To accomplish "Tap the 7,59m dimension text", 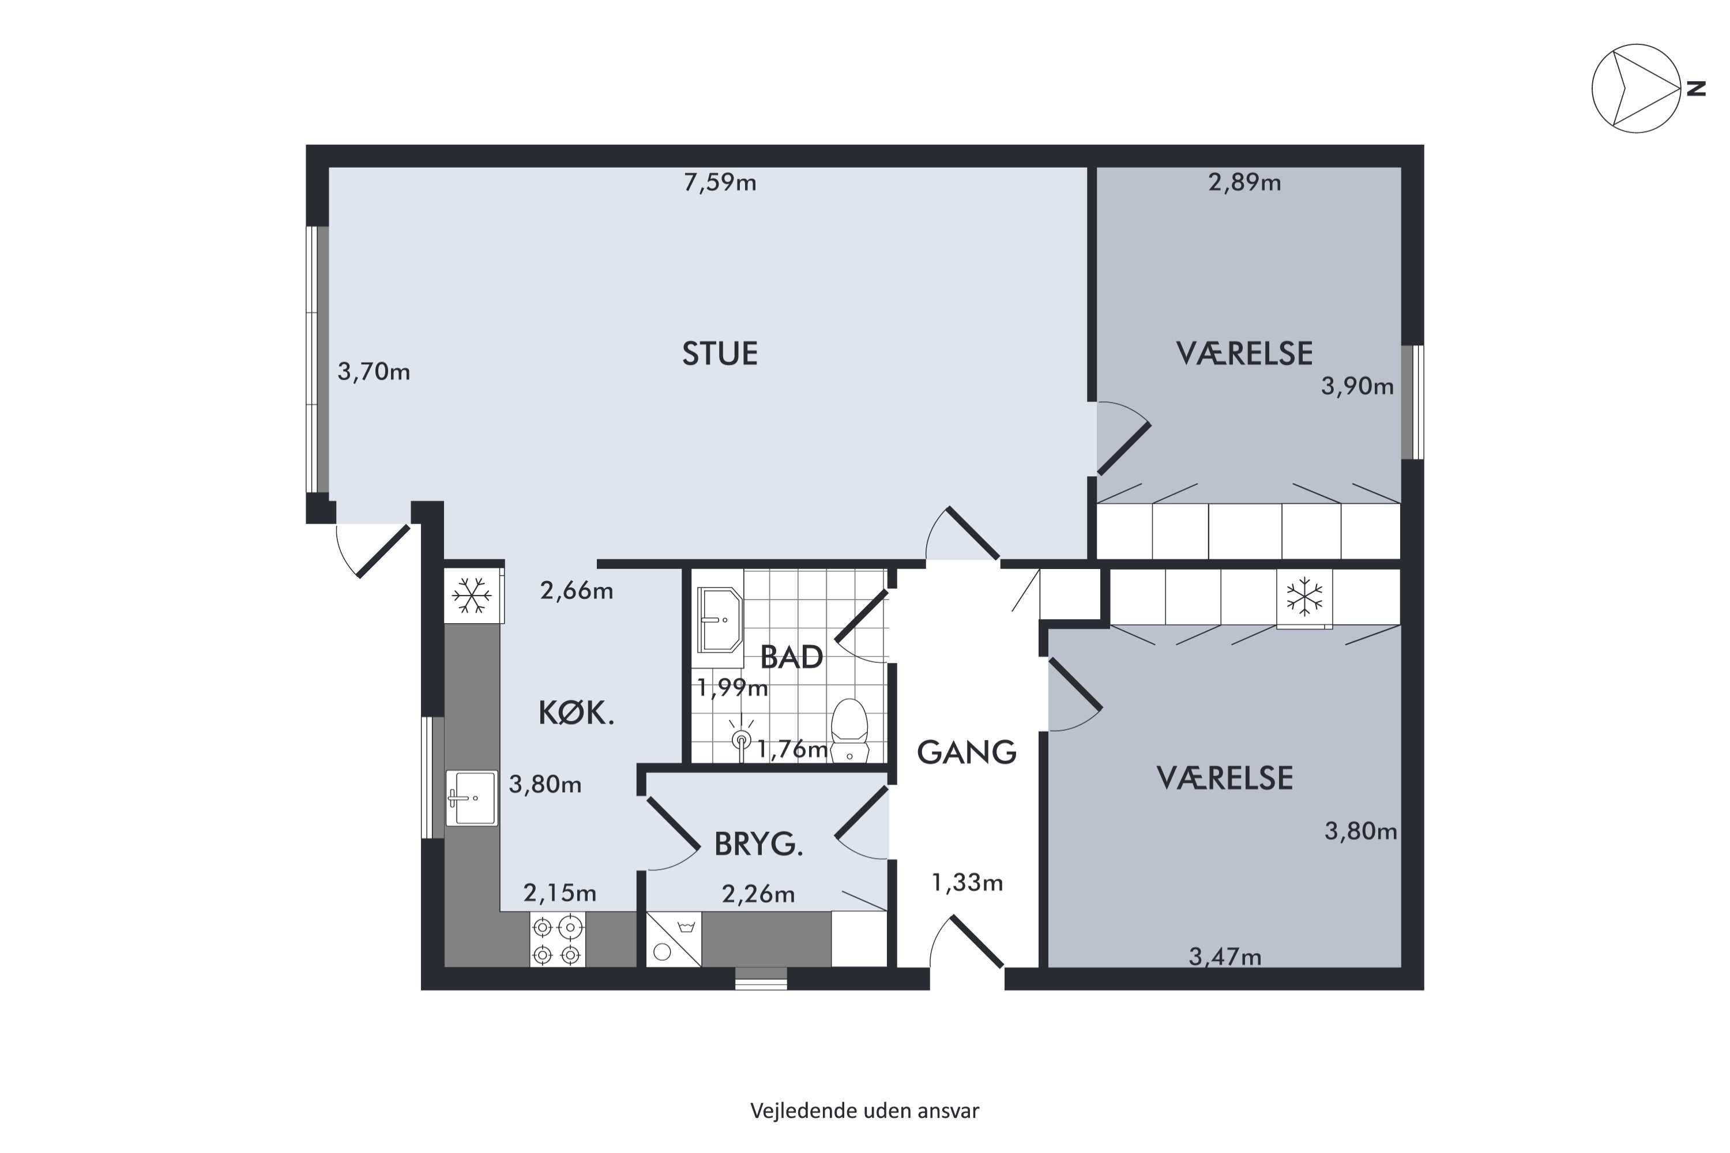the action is [720, 182].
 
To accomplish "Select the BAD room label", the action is [791, 657].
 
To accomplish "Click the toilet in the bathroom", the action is [849, 730].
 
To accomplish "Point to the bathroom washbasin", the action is [719, 619].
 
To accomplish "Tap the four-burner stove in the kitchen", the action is [557, 940].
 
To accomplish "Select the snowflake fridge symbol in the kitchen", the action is [472, 595].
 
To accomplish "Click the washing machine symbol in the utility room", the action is [674, 940].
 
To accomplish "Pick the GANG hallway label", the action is [966, 752].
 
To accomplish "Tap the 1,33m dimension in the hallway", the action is [967, 883].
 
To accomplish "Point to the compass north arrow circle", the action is [1636, 88].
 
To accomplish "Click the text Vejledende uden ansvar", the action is [864, 1110].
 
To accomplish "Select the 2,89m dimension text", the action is [1244, 182].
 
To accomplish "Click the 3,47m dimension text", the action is [1225, 956].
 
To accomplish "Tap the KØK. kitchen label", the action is [577, 713].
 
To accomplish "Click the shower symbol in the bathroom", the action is [742, 739].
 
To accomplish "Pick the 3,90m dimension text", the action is [1357, 386].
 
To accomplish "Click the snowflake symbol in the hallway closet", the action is [1304, 596].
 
